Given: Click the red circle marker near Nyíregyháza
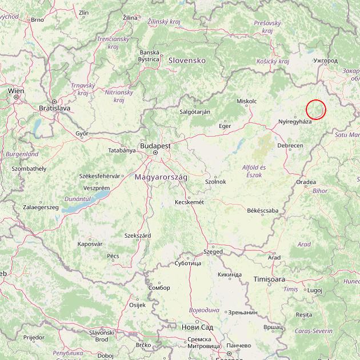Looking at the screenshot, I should coord(315,109).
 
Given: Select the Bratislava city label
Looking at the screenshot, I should coord(54,107).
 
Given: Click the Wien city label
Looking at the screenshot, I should coord(16,90).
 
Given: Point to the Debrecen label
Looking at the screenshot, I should coord(290,146).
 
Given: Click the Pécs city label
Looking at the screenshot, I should coord(113,256).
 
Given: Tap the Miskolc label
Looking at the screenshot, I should coord(246,101).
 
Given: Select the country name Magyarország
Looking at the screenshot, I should coord(161,177).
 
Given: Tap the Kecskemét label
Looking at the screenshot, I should coord(189,202).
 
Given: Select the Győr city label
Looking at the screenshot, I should coord(82,133).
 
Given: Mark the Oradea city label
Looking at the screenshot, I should coord(306,182).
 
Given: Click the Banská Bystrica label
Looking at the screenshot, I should coord(149,55).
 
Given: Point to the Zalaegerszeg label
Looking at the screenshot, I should coord(41,207).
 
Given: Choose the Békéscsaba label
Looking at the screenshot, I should coord(262,210).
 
